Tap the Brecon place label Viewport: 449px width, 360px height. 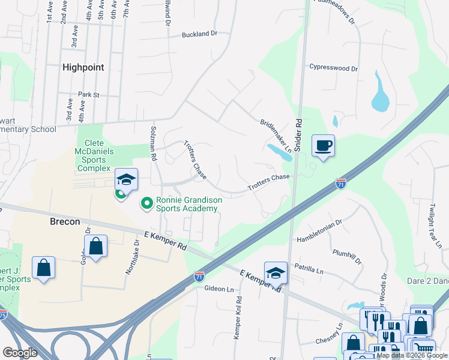click(x=64, y=221)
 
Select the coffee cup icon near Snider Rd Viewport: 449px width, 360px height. click(x=323, y=146)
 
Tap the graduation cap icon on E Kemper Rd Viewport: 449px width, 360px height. click(x=276, y=272)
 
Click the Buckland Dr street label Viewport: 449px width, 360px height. click(x=199, y=35)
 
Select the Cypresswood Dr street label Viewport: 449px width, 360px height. click(x=333, y=68)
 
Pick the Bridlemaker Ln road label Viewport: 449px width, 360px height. click(x=276, y=136)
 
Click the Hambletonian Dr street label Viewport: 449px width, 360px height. click(x=320, y=230)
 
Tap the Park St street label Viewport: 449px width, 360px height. click(x=88, y=95)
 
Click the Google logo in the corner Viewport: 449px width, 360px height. click(x=20, y=352)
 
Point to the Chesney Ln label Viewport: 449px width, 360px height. click(x=329, y=334)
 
